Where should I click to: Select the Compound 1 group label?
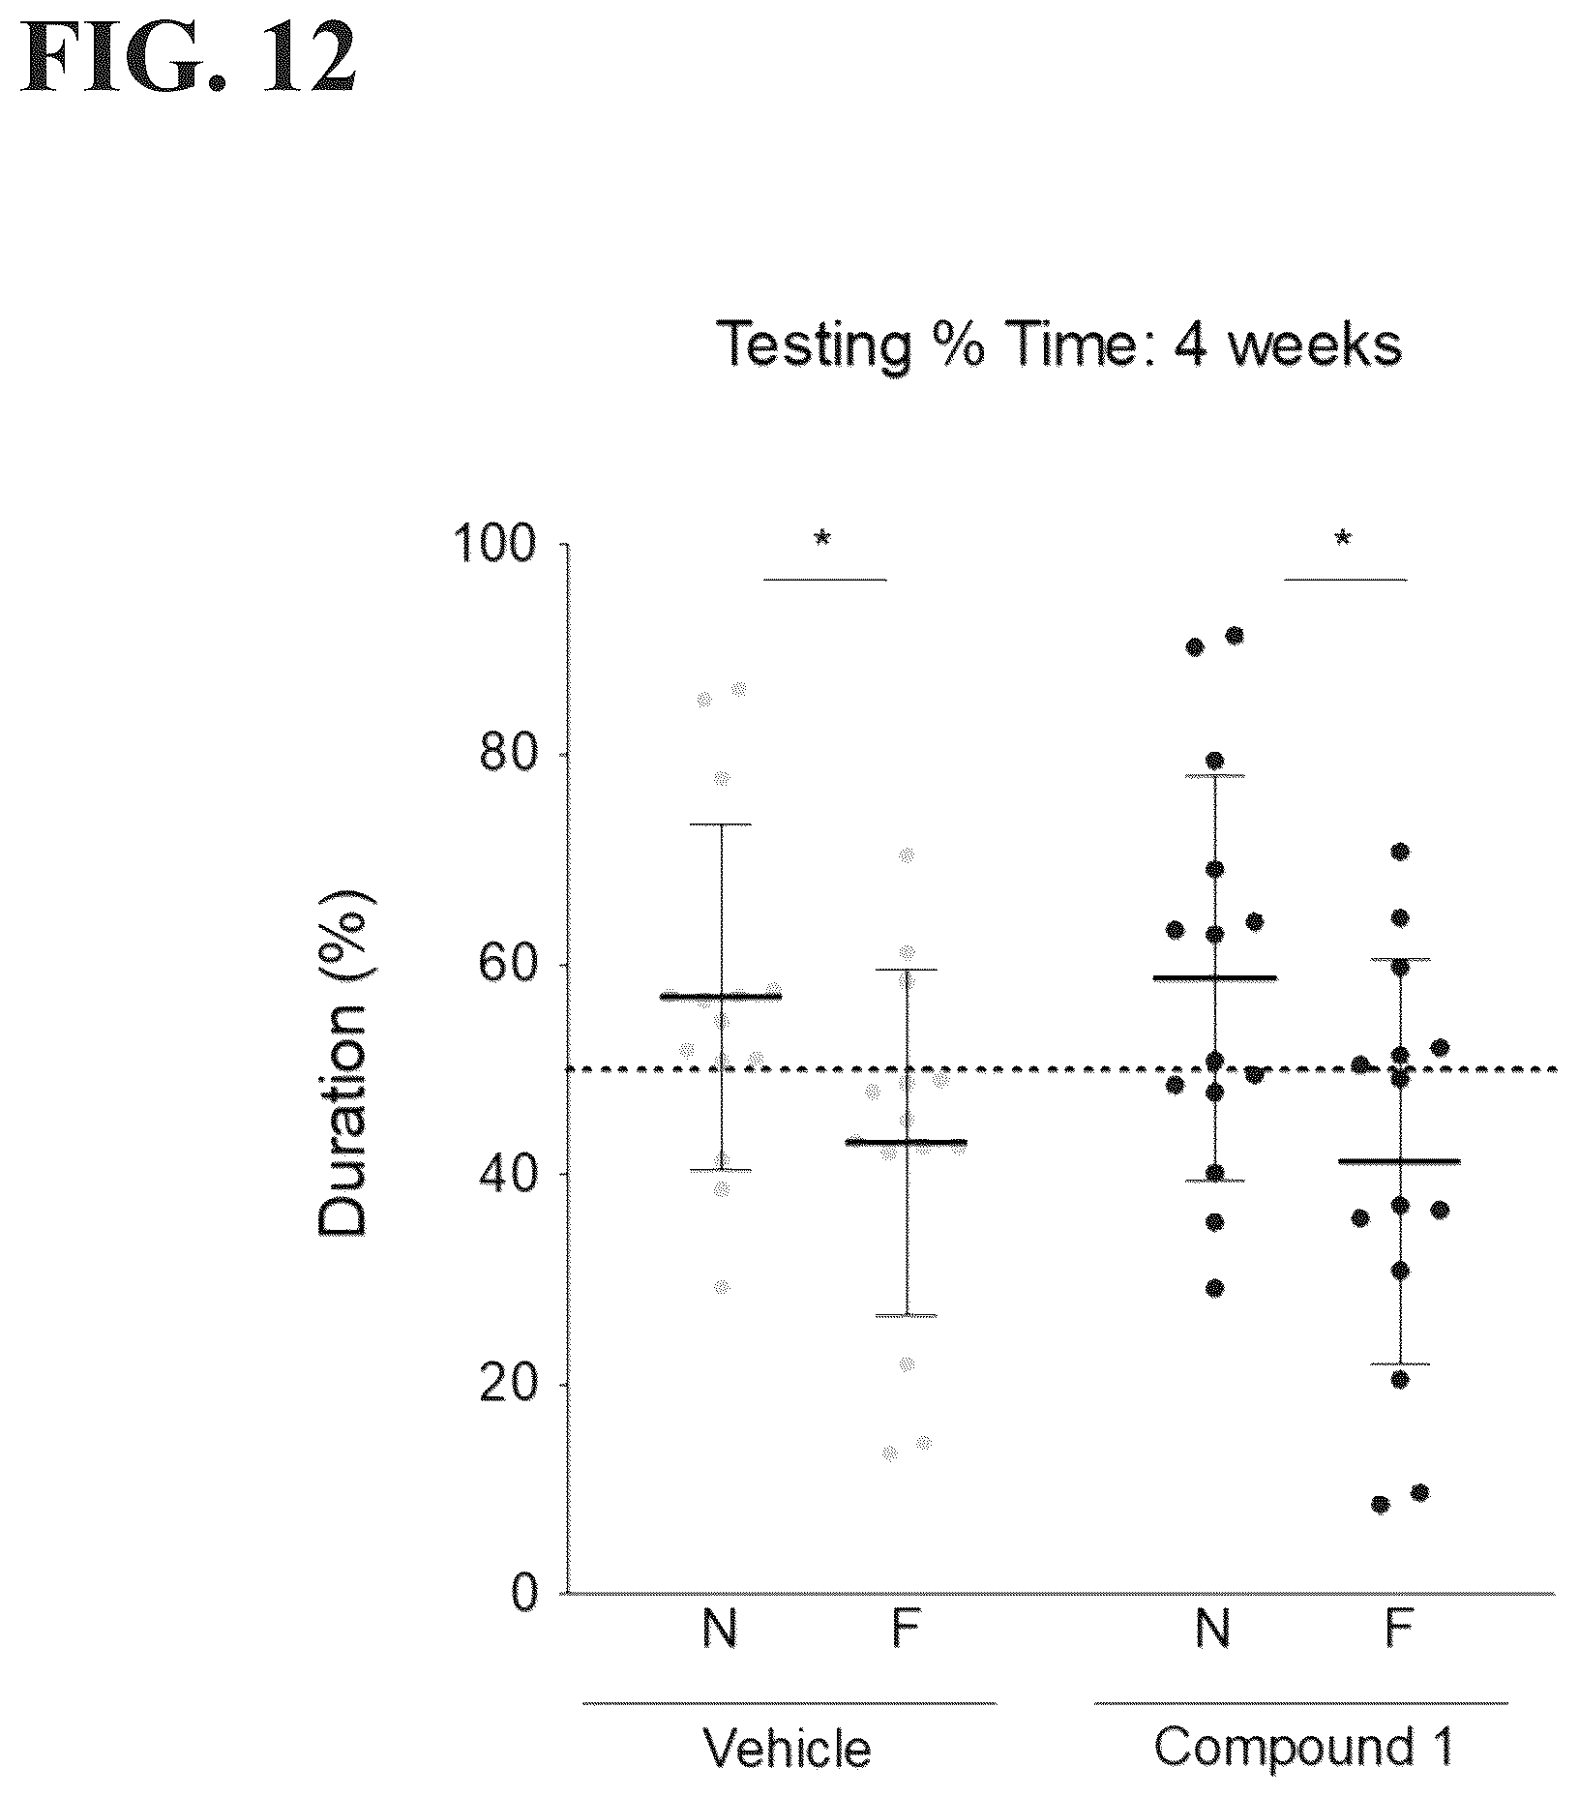[x=1303, y=1747]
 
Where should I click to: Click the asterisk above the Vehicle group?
[x=822, y=540]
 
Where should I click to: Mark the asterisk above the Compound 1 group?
[x=1343, y=540]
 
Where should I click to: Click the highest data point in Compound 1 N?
[x=1235, y=635]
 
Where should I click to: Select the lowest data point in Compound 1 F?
[x=1381, y=1504]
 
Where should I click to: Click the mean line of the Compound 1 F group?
[x=1399, y=1160]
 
